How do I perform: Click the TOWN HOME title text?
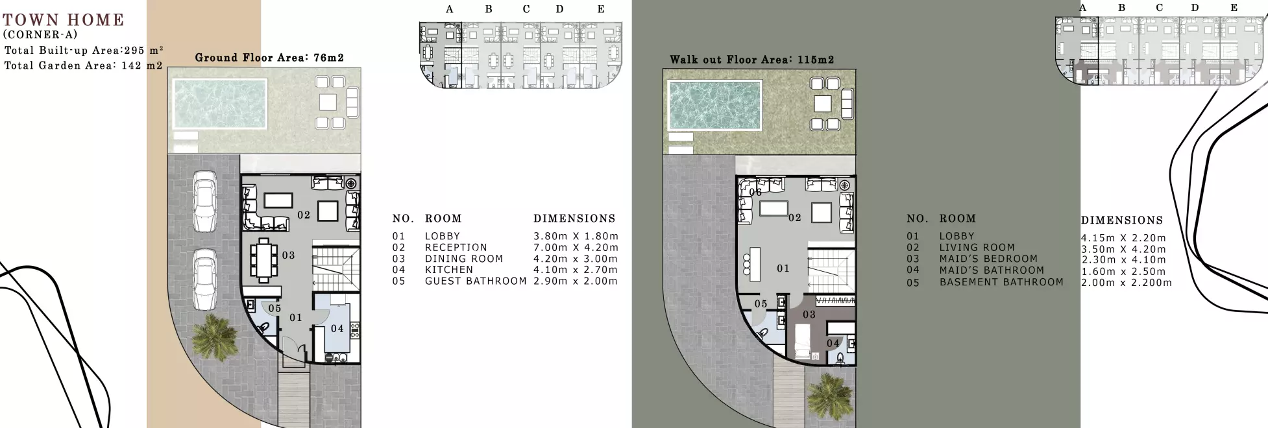[63, 20]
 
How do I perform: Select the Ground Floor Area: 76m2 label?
[269, 58]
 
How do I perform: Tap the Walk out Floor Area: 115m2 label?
[751, 60]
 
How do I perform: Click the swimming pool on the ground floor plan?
[219, 104]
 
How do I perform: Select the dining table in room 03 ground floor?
[263, 259]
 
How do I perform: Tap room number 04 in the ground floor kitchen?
[337, 329]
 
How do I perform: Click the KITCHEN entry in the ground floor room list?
[449, 270]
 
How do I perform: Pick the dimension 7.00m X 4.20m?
[575, 248]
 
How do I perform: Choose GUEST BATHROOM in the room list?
[475, 281]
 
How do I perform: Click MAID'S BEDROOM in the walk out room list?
[988, 259]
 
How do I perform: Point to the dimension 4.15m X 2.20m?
[1123, 238]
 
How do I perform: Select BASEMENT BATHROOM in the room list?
[1001, 282]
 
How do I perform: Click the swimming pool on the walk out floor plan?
[714, 105]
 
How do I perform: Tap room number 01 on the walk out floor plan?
[783, 268]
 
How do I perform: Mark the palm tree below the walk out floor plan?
[829, 396]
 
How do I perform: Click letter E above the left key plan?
[600, 9]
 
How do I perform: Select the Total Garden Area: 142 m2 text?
[83, 65]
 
